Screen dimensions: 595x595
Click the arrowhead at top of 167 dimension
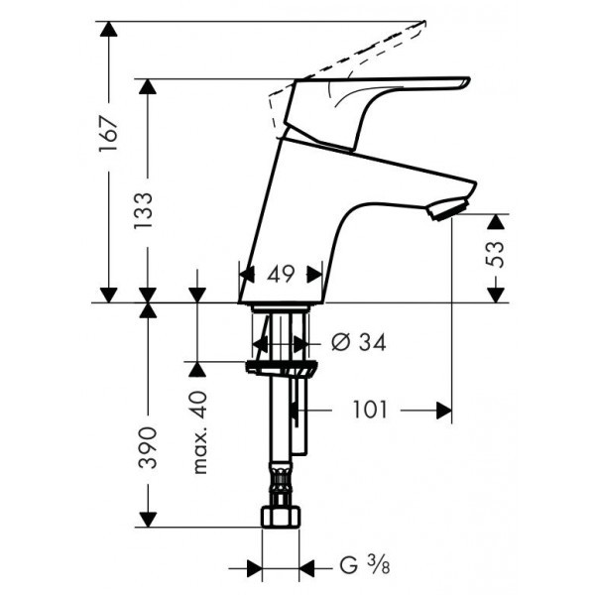pyautogui.click(x=108, y=29)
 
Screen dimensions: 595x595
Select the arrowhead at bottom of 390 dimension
pyautogui.click(x=147, y=520)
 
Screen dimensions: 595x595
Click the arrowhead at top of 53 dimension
pyautogui.click(x=495, y=220)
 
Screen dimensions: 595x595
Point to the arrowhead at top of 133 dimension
pyautogui.click(x=147, y=87)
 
